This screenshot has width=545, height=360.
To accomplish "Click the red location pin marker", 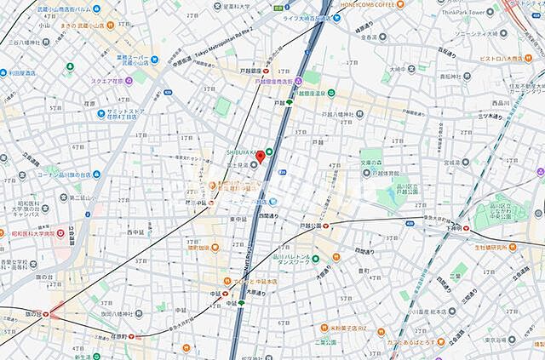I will tap(261, 156).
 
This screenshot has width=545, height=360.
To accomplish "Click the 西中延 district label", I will tap(135, 231).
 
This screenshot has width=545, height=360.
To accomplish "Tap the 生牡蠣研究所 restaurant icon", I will tap(474, 247).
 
